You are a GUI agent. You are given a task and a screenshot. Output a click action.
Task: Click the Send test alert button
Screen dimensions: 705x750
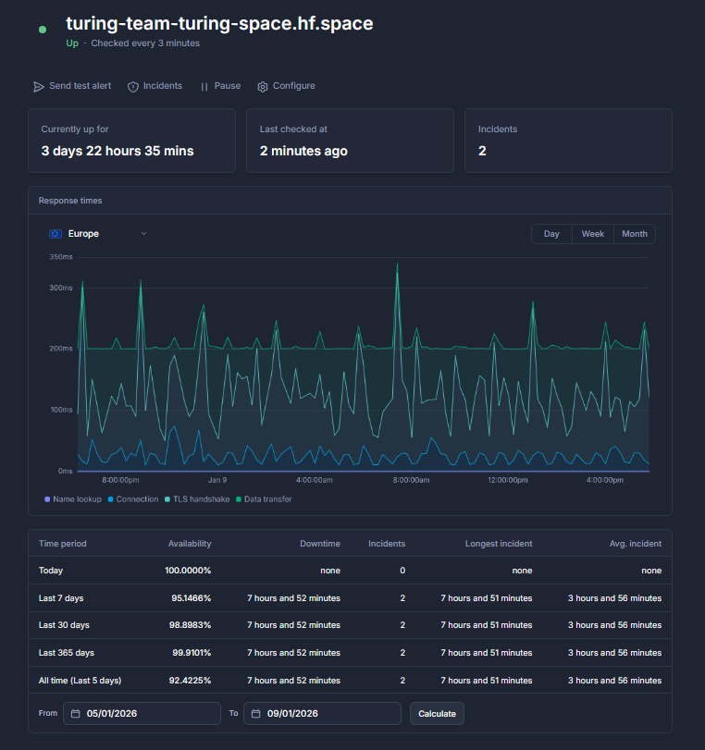pyautogui.click(x=72, y=86)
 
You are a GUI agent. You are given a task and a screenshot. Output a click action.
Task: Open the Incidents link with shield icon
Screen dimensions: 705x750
pyautogui.click(x=155, y=86)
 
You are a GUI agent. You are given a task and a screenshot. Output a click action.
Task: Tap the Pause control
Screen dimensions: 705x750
pyautogui.click(x=220, y=86)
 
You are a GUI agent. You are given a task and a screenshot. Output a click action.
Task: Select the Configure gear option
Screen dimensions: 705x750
pyautogui.click(x=286, y=86)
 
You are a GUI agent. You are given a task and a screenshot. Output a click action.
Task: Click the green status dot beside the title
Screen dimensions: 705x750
pyautogui.click(x=43, y=30)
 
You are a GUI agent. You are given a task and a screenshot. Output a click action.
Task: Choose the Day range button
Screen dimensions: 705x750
pyautogui.click(x=551, y=234)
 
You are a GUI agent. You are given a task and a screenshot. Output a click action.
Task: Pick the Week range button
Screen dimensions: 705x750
pyautogui.click(x=592, y=234)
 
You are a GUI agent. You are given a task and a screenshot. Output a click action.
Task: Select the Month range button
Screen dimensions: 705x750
pyautogui.click(x=634, y=234)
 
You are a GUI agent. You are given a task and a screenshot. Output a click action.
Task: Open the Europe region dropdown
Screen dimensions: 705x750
pyautogui.click(x=98, y=234)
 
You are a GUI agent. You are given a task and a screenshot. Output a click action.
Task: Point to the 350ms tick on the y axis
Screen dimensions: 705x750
pyautogui.click(x=61, y=257)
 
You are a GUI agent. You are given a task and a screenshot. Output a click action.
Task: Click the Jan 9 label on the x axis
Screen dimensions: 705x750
pyautogui.click(x=217, y=480)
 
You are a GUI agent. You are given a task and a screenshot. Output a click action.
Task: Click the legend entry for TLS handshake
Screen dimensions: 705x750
pyautogui.click(x=197, y=498)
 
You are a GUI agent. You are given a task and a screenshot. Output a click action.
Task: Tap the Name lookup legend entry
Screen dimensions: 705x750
pyautogui.click(x=73, y=498)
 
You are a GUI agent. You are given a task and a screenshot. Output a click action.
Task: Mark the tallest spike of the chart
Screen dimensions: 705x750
pyautogui.click(x=397, y=264)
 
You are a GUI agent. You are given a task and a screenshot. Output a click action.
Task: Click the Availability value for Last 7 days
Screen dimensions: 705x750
pyautogui.click(x=191, y=598)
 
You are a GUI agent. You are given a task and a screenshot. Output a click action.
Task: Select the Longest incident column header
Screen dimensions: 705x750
pyautogui.click(x=499, y=544)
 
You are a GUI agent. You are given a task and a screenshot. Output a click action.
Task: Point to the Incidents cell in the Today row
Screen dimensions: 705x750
pyautogui.click(x=402, y=571)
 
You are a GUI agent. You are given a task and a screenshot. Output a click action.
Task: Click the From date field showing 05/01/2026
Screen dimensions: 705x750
pyautogui.click(x=142, y=713)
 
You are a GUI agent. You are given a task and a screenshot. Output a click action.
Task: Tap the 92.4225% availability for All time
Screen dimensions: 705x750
pyautogui.click(x=190, y=680)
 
